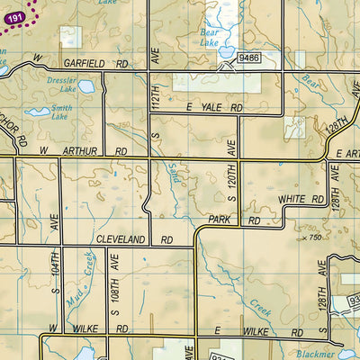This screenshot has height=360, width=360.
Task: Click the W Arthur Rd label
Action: [93, 152]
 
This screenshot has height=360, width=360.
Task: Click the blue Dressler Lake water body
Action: [85, 86]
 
